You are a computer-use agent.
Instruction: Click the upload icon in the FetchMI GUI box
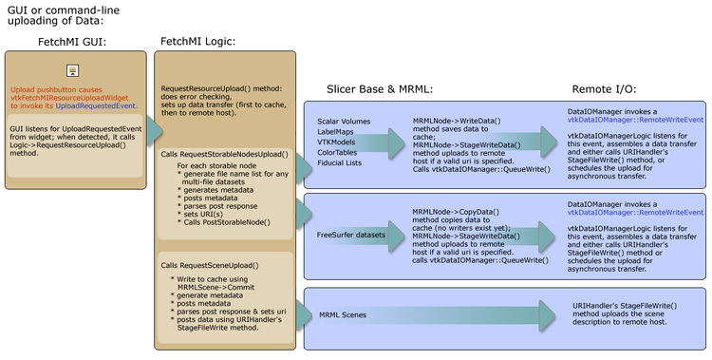pos(72,70)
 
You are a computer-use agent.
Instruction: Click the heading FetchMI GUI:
pos(72,43)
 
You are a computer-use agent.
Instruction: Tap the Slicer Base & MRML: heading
pos(380,88)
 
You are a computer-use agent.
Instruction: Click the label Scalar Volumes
pos(344,122)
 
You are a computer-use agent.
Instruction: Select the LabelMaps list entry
pos(334,132)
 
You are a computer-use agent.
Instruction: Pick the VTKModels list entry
pos(336,142)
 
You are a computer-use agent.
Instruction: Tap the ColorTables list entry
pos(337,152)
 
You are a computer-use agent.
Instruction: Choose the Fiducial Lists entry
pos(339,162)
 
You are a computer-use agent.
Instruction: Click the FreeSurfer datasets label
pos(351,234)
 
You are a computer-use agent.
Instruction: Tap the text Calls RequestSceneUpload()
pos(210,265)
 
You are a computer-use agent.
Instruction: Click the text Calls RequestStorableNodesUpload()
pos(223,154)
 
